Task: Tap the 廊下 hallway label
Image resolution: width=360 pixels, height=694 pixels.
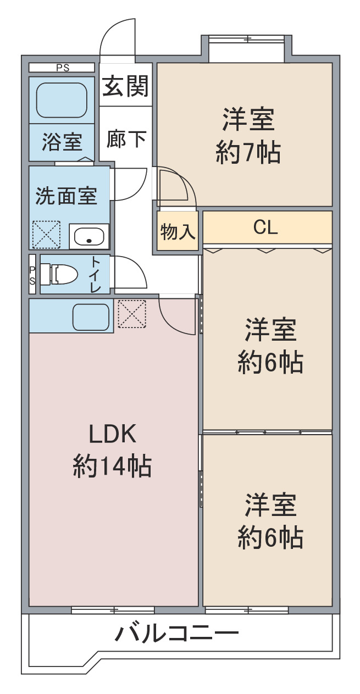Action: (126, 140)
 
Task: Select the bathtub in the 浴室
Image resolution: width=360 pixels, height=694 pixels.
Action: (62, 100)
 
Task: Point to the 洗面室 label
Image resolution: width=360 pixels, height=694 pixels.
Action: (67, 196)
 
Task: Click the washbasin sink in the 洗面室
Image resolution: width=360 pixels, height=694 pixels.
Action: (89, 236)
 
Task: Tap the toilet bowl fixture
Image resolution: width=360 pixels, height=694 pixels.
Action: (59, 274)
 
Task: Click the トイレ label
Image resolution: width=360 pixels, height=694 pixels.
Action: (96, 275)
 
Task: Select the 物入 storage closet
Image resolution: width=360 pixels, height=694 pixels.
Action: (178, 231)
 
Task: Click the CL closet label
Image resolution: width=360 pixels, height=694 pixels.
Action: (265, 227)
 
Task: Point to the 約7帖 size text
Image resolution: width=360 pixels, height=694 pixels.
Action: (248, 152)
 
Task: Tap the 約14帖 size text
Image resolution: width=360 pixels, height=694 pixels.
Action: (112, 465)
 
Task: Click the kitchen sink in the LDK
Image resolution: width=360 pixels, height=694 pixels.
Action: (91, 317)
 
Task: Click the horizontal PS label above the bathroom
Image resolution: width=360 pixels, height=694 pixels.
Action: (63, 68)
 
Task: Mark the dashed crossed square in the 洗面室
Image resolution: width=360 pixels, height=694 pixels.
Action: (47, 235)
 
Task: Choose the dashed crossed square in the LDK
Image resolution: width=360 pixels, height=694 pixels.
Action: (132, 314)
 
